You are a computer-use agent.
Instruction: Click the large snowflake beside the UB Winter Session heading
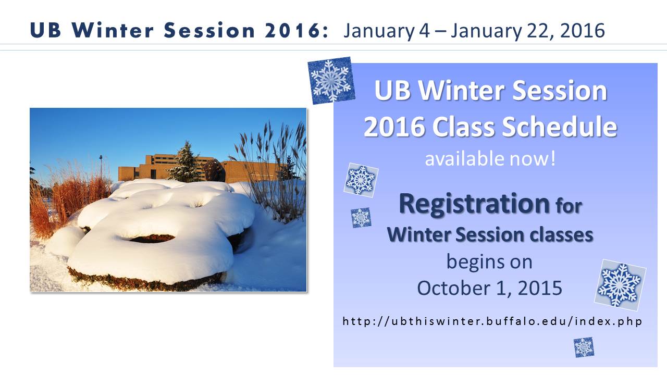coord(331,80)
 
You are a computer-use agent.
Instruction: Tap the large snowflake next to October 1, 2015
coord(620,285)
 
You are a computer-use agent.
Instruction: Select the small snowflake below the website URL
coord(584,347)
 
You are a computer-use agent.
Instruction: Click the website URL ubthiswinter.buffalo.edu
coord(492,321)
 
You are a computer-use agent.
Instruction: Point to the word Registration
coord(474,204)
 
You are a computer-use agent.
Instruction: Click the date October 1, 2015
coord(489,288)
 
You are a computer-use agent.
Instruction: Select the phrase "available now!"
coord(490,159)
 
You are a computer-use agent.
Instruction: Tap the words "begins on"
coord(489,262)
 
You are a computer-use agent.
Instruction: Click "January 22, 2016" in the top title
coord(528,31)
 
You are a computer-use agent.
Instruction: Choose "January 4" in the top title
coord(387,31)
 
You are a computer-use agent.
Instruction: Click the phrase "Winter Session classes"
coord(490,234)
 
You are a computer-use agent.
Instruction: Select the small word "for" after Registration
coord(569,206)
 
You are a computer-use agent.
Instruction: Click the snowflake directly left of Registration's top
coord(361,180)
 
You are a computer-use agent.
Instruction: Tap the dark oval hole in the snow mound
coord(152,239)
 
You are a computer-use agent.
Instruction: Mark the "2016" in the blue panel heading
coord(394,127)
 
